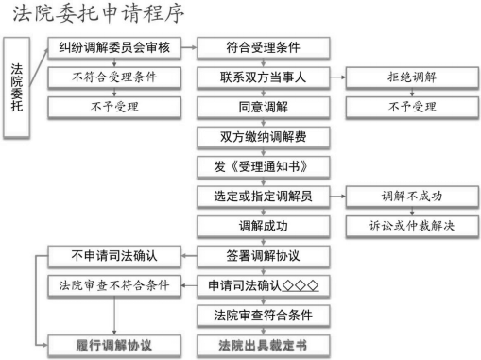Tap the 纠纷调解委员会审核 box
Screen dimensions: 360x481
(113, 46)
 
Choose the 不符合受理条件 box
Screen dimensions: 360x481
(113, 77)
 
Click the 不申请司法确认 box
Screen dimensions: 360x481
(113, 256)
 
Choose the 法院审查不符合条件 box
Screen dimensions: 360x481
(113, 285)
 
